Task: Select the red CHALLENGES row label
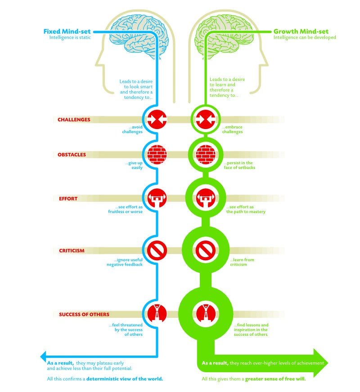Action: [74, 120]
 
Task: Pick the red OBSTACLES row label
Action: [72, 155]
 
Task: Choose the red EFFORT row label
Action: [68, 198]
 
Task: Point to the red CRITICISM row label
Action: [72, 250]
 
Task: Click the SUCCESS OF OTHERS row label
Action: [84, 314]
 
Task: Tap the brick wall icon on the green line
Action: [205, 154]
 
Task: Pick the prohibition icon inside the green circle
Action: [205, 250]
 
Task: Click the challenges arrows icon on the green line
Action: [205, 120]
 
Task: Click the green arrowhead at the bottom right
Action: [321, 362]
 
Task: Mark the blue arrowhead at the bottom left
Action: [44, 354]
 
